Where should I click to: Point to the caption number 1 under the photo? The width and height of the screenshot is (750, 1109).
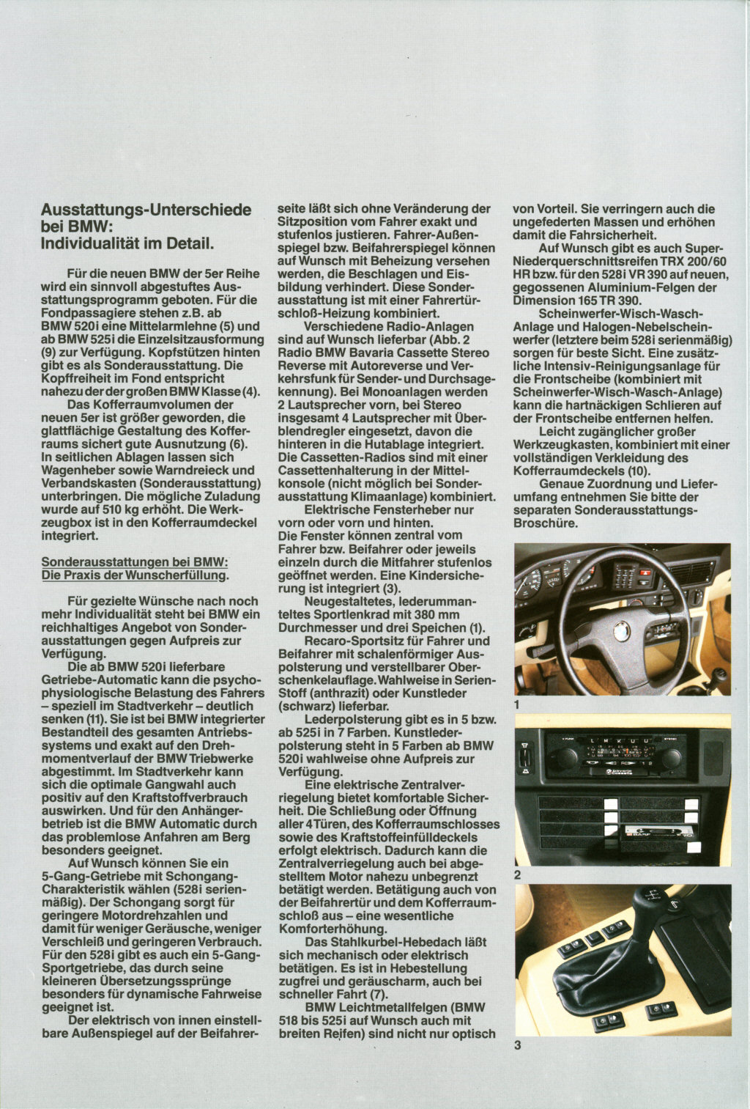click(517, 704)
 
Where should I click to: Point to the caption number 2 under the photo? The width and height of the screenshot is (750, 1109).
click(517, 874)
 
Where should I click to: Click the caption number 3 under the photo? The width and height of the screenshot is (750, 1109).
click(517, 1045)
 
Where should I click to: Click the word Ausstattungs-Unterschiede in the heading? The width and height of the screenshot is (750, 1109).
click(146, 210)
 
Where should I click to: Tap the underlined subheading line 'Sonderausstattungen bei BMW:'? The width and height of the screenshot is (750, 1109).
click(135, 561)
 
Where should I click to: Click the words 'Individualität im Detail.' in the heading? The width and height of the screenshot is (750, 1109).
click(128, 242)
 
